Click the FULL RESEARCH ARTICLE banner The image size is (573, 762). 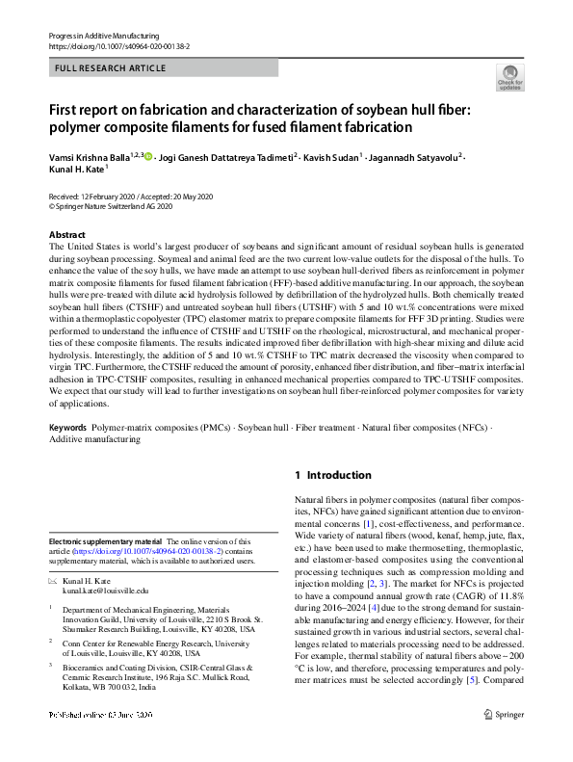coord(111,68)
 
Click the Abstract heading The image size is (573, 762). coord(66,235)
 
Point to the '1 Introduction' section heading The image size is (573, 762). coord(332,475)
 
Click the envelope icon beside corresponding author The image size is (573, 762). coord(53,580)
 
